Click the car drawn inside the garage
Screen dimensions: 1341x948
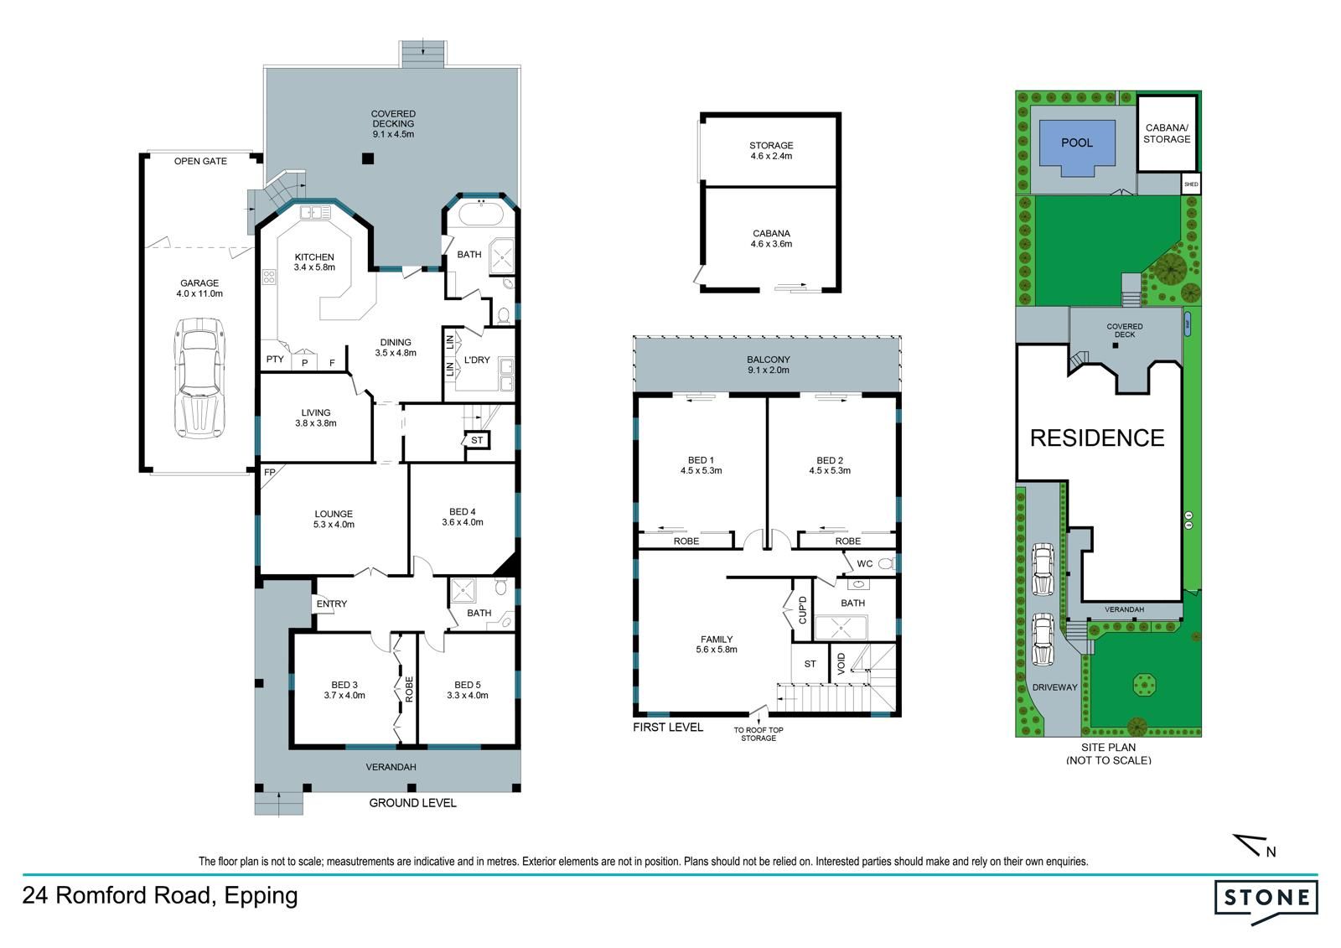[199, 378]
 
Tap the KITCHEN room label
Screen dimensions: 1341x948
[314, 257]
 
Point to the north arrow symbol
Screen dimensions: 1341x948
[1253, 846]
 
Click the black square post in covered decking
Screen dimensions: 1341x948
[368, 158]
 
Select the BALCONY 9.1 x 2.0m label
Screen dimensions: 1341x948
[768, 365]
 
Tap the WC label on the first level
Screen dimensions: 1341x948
[864, 563]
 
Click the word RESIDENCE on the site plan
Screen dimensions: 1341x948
[1097, 438]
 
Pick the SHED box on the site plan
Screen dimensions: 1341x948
[1191, 184]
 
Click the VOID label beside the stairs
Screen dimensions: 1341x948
[841, 664]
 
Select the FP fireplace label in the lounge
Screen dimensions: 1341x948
[270, 472]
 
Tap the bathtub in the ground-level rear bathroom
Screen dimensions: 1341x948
[482, 213]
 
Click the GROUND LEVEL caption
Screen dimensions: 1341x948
[412, 803]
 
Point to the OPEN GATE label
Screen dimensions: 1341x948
[200, 161]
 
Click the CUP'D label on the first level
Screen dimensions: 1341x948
[803, 609]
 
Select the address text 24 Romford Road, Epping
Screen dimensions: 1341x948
[160, 896]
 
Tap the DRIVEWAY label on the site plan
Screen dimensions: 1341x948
[1054, 687]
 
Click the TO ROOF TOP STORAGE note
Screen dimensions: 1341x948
[759, 734]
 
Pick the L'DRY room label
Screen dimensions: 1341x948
[477, 360]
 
